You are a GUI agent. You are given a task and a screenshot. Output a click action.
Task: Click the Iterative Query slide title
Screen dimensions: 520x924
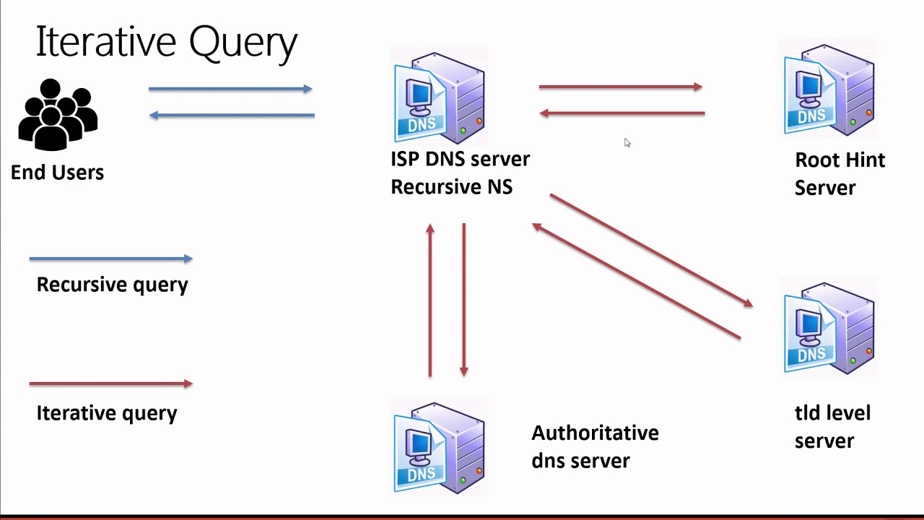coord(166,42)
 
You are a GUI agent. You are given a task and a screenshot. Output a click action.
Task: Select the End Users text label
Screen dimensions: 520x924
coord(57,173)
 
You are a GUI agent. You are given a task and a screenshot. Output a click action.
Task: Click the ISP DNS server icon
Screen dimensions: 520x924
coord(439,97)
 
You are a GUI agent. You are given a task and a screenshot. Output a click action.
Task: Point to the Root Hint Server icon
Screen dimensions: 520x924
coord(829,90)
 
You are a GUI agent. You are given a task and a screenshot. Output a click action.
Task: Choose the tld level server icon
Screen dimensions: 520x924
coord(829,328)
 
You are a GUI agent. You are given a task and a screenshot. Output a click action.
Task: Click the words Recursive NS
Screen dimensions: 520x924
coord(451,187)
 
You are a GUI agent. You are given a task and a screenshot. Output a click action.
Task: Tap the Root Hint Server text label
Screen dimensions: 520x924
coord(840,173)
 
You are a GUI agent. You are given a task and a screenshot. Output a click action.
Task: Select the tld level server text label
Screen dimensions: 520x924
coord(832,426)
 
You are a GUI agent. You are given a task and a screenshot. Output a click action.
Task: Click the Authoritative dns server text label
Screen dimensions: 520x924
coord(595,446)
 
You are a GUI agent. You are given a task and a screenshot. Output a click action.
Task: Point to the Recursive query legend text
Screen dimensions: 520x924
coord(112,285)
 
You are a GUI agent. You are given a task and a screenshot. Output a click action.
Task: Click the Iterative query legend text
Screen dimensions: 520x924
coord(107,413)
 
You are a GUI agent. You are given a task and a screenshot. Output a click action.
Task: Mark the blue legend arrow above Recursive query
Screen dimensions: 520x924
coord(110,259)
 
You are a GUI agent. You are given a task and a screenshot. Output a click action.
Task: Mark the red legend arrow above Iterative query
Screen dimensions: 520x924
coord(110,383)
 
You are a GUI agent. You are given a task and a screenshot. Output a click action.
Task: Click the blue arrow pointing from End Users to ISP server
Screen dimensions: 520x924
coord(230,89)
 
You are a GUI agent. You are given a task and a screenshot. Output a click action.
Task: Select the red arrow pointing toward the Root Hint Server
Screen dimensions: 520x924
coord(620,87)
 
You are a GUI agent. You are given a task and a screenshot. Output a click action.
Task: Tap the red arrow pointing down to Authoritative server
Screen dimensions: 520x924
coord(463,300)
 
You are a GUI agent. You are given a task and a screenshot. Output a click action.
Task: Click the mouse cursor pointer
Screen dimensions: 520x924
coord(627,143)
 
